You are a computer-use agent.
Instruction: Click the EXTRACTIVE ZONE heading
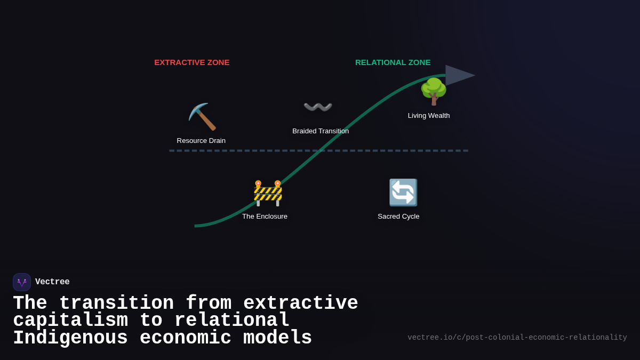coord(192,62)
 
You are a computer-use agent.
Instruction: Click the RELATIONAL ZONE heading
coord(393,62)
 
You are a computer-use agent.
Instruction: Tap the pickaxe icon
coord(202,117)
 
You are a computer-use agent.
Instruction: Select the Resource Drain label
coord(201,141)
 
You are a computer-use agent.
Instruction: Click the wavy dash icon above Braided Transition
coord(318,107)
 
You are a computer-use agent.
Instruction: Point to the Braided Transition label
coord(321,131)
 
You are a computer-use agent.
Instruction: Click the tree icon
coord(433,91)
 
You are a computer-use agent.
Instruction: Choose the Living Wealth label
coord(429,116)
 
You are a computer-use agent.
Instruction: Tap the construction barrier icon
coord(268,193)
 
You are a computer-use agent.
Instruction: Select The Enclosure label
coord(265,217)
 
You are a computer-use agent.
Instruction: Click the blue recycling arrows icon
coord(403,193)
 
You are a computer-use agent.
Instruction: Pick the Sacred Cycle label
coord(398,217)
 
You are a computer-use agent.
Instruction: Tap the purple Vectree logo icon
coord(22,282)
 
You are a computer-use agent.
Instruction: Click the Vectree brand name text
coord(52,282)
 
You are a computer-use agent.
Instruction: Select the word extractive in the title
coord(300,303)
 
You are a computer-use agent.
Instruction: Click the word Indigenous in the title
coord(70,338)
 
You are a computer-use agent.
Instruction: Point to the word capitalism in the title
coord(70,321)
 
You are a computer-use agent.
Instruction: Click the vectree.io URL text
coord(517,338)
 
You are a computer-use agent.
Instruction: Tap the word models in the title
coord(277,338)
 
